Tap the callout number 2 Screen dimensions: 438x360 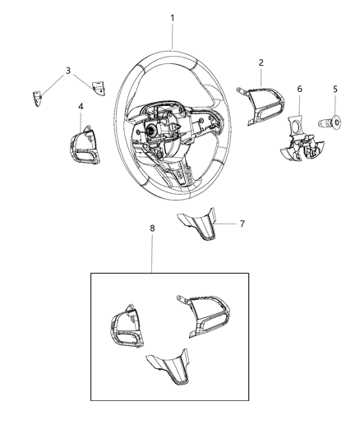(x=261, y=62)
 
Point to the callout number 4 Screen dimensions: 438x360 (x=80, y=106)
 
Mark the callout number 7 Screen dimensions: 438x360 (x=241, y=223)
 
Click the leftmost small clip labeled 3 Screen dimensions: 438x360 (x=39, y=99)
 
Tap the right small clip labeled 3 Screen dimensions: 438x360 (x=99, y=89)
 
